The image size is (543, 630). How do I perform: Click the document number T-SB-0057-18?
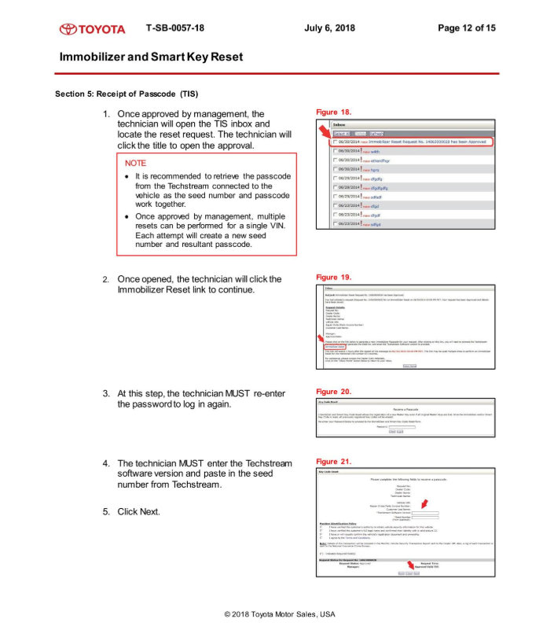(x=175, y=28)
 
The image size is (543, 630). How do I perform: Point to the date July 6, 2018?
(x=329, y=28)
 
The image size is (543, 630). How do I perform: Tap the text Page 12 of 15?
(x=466, y=28)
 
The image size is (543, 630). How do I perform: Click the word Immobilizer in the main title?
(x=93, y=57)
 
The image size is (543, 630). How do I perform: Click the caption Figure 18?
(x=333, y=112)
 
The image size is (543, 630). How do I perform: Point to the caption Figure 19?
(x=333, y=278)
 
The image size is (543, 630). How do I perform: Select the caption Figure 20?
(x=333, y=391)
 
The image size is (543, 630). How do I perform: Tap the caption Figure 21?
(x=333, y=461)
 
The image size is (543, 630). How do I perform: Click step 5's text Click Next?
(x=138, y=512)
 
